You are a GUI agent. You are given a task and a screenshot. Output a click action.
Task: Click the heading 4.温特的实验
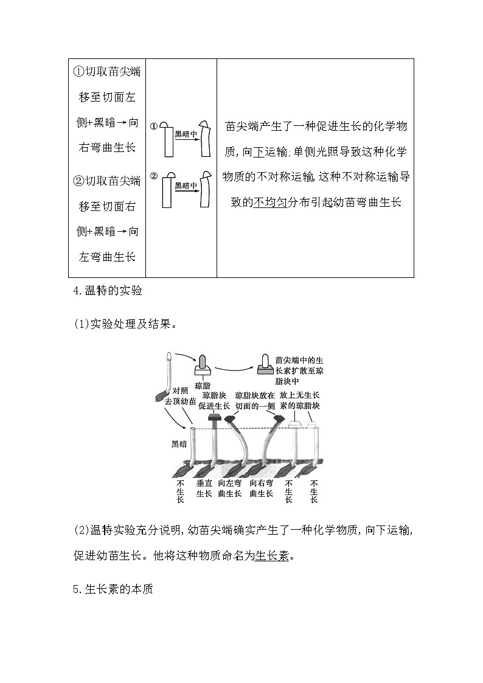(106, 291)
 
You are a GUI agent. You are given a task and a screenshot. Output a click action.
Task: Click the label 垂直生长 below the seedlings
(204, 488)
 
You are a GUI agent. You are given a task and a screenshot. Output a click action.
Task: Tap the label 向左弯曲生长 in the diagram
(230, 488)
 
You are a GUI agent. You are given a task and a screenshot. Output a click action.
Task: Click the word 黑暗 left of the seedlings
(180, 445)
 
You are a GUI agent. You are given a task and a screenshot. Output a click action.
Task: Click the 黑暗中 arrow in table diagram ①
(186, 135)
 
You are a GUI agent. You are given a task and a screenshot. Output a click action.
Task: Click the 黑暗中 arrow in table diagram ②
(186, 186)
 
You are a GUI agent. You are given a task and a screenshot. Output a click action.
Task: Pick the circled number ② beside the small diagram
(154, 176)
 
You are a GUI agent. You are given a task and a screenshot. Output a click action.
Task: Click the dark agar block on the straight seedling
(214, 418)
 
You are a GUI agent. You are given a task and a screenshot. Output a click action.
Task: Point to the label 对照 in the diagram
(180, 390)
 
